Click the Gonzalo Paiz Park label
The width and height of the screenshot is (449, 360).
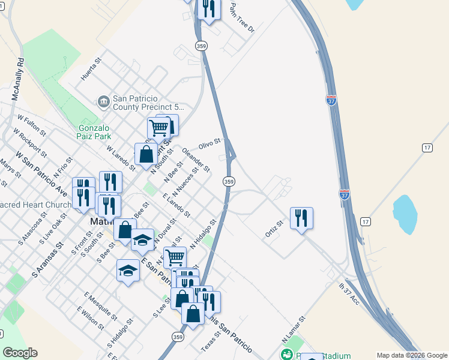point(99,133)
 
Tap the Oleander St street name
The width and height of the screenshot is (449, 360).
point(196,160)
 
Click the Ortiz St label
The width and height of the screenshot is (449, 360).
point(275,229)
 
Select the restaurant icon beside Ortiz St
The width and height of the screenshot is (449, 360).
point(301,218)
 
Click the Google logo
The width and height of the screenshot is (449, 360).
point(20,353)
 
